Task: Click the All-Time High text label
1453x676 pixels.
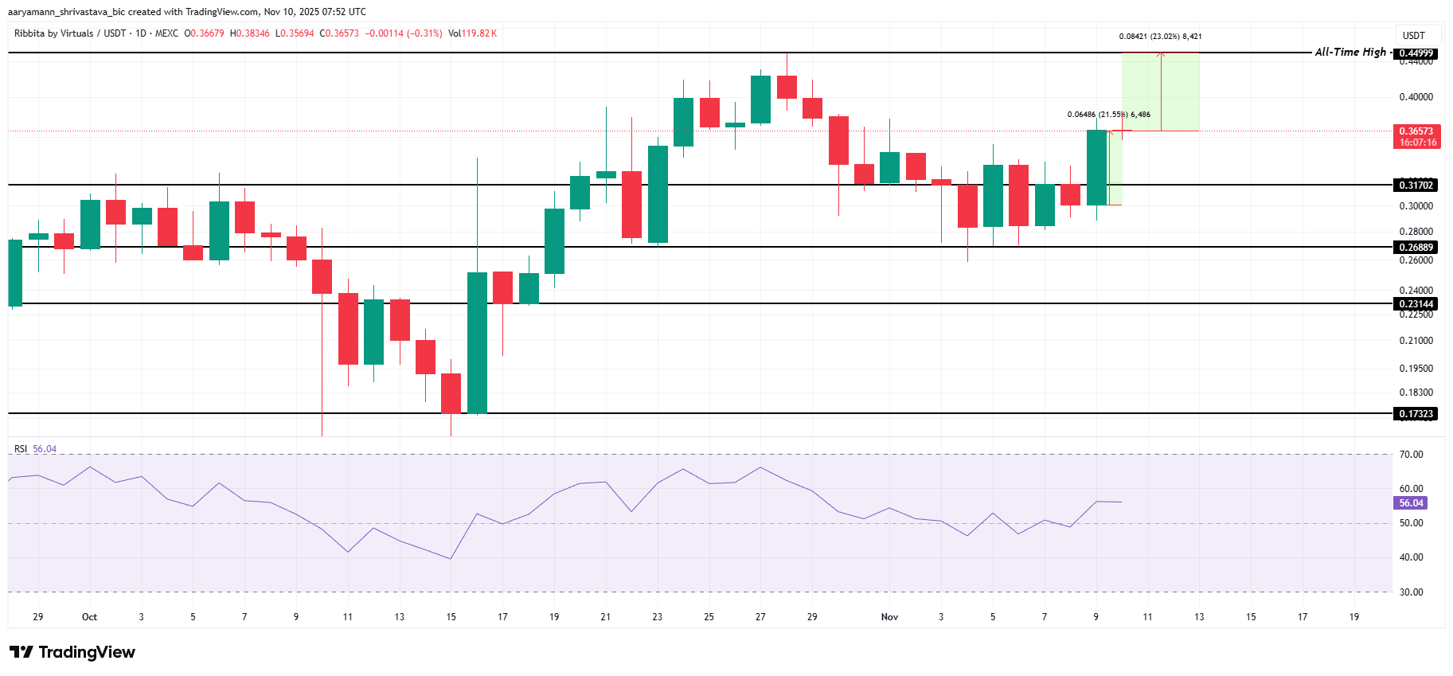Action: (x=1350, y=52)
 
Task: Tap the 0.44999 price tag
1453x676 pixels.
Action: (x=1416, y=53)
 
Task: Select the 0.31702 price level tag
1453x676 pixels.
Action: (x=1416, y=186)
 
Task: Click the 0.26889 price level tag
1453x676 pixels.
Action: (x=1416, y=248)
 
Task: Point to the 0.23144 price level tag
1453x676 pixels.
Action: (x=1416, y=304)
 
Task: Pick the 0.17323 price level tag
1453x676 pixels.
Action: (x=1416, y=414)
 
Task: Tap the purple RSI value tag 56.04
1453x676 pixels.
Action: (x=1411, y=503)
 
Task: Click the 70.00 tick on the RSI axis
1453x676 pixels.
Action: (x=1411, y=455)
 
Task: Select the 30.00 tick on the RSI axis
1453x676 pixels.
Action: (x=1411, y=592)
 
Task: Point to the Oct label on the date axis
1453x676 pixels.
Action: (x=89, y=617)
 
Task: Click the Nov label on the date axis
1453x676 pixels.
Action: (x=889, y=617)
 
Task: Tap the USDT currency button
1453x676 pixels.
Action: (x=1413, y=36)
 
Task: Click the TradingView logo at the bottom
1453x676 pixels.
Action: (x=72, y=652)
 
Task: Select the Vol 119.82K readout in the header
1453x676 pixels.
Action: (x=472, y=33)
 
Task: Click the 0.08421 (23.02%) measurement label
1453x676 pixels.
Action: (x=1160, y=37)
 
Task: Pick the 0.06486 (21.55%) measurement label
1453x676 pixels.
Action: (x=1108, y=115)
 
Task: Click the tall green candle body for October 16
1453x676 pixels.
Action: (x=477, y=342)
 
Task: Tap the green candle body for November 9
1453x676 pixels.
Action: (x=1096, y=167)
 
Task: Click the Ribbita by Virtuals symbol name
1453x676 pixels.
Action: (x=54, y=33)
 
